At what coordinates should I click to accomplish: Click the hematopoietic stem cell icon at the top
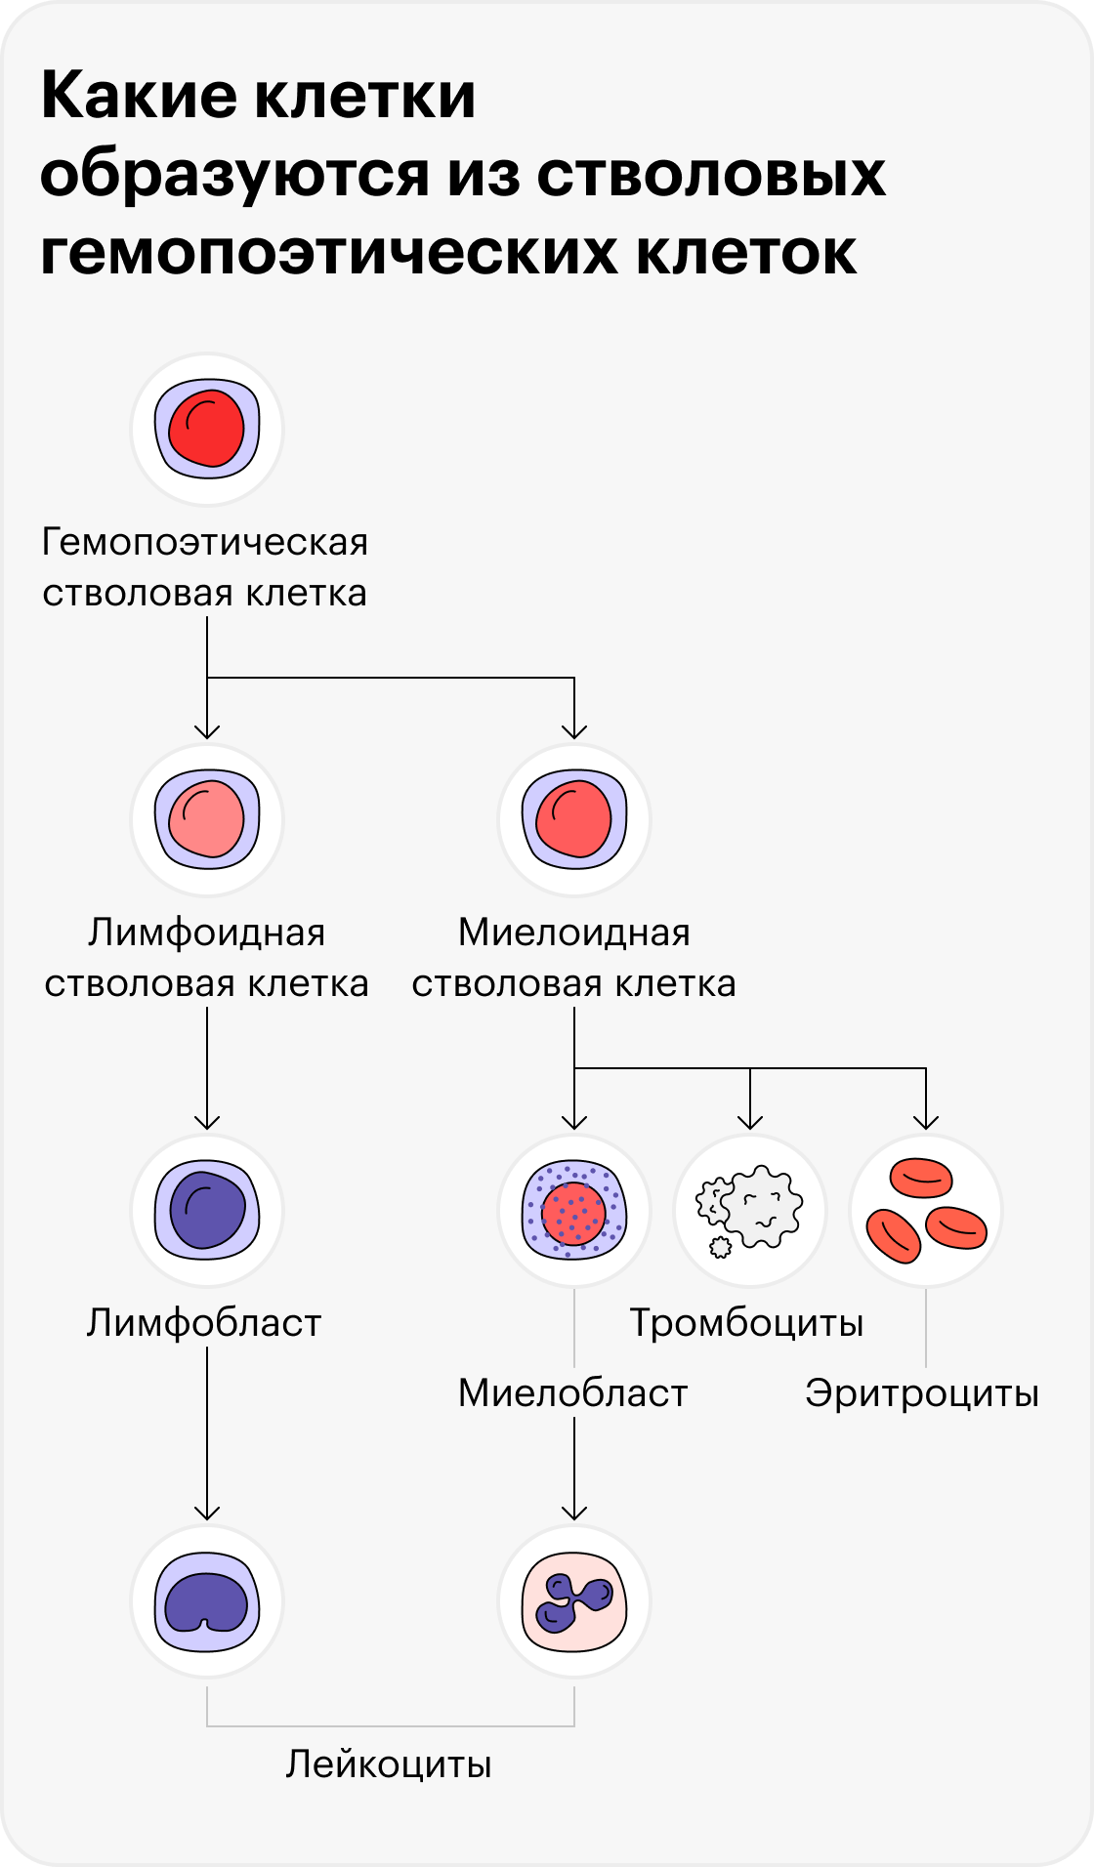[x=207, y=430]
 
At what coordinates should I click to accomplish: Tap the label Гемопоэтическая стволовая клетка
[x=205, y=567]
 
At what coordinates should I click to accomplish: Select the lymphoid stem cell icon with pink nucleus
[x=207, y=819]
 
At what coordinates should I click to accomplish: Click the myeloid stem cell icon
[x=574, y=819]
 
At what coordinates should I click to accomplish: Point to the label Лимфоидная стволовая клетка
[x=207, y=958]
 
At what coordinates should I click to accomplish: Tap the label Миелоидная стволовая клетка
[x=574, y=958]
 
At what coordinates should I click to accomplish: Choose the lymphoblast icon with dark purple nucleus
[x=207, y=1211]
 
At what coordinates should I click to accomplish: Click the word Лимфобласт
[x=204, y=1323]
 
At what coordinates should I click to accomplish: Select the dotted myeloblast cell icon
[x=574, y=1211]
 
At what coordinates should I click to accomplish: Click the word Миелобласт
[x=573, y=1393]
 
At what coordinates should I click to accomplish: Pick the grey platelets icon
[x=750, y=1211]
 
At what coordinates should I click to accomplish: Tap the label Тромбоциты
[x=747, y=1323]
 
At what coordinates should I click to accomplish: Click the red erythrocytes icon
[x=926, y=1211]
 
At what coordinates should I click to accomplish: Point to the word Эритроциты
[x=922, y=1393]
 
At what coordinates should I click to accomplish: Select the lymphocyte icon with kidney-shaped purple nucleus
[x=207, y=1601]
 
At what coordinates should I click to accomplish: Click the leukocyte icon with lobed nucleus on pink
[x=574, y=1601]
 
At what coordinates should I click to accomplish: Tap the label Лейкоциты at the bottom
[x=389, y=1764]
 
